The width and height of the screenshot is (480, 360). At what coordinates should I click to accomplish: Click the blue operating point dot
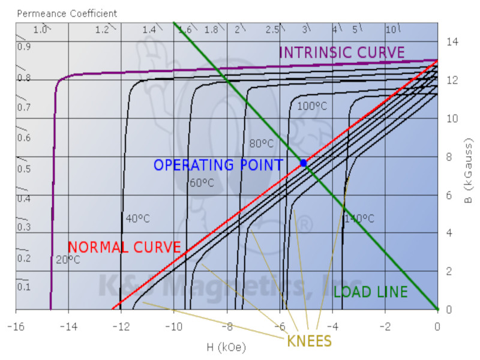click(304, 163)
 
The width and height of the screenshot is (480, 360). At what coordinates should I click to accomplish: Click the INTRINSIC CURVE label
click(342, 53)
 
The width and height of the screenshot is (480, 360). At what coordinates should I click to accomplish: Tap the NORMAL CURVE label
click(124, 247)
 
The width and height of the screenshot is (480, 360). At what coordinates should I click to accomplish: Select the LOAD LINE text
click(370, 292)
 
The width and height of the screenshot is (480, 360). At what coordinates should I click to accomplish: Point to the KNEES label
click(309, 341)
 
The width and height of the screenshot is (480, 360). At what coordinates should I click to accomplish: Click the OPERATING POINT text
click(218, 165)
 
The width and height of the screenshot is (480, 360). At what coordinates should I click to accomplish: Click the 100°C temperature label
click(312, 106)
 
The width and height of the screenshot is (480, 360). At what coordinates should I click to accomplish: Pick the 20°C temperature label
click(68, 260)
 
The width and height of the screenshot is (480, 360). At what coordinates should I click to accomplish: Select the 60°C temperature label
click(202, 183)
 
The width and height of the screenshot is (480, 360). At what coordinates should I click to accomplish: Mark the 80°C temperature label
click(262, 144)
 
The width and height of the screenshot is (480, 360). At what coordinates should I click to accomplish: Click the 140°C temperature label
click(359, 219)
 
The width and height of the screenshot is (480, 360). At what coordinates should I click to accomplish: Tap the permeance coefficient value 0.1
click(23, 287)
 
